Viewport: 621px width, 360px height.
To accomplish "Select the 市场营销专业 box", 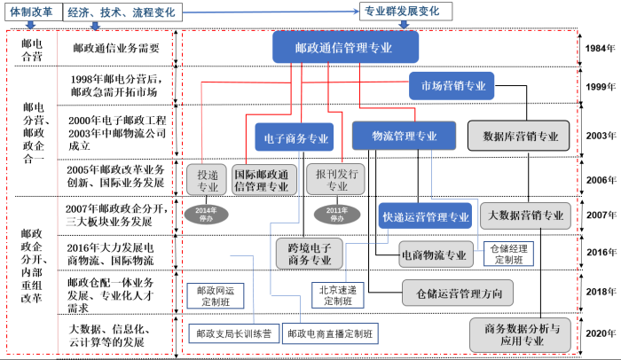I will coord(451,86).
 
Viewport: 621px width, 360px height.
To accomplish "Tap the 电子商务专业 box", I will coord(296,138).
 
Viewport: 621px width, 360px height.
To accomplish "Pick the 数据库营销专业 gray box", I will coord(520,137).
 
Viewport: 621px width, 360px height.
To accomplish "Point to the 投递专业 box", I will coord(207,180).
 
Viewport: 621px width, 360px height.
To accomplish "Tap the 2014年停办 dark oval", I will coord(204,214).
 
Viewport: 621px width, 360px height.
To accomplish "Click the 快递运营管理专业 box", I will coord(425,216).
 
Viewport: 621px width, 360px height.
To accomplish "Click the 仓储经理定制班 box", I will coord(507,254).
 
